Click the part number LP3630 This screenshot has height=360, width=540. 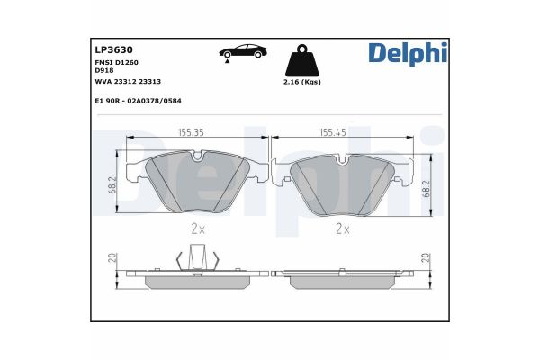click(x=114, y=50)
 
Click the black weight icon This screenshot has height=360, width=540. click(x=301, y=62)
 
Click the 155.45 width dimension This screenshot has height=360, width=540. click(x=335, y=132)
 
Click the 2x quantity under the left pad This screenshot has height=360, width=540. click(x=198, y=229)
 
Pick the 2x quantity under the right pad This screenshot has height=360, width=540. click(x=342, y=229)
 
